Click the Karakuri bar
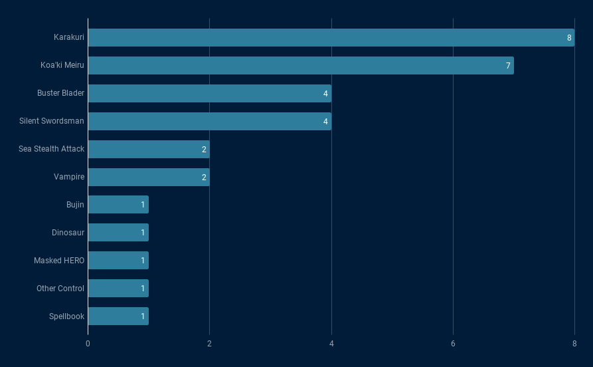tap(331, 38)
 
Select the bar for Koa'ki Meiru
tap(300, 66)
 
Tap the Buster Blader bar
tap(209, 94)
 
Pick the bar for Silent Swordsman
tap(209, 122)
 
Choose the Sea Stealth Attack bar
tap(148, 150)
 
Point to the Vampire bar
tap(148, 178)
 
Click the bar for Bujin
tap(118, 205)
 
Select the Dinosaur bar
tap(118, 233)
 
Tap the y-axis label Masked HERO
tap(59, 261)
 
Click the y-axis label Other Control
tap(60, 289)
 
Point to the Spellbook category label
tap(66, 316)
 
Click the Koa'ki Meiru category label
tap(62, 66)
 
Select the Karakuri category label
tap(69, 38)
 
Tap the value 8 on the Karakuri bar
tap(569, 38)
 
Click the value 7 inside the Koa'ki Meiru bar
tap(508, 66)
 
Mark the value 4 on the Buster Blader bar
tap(325, 94)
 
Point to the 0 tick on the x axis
tap(88, 344)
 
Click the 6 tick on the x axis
tap(453, 344)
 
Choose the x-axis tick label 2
tap(209, 344)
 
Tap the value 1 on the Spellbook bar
tap(143, 316)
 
